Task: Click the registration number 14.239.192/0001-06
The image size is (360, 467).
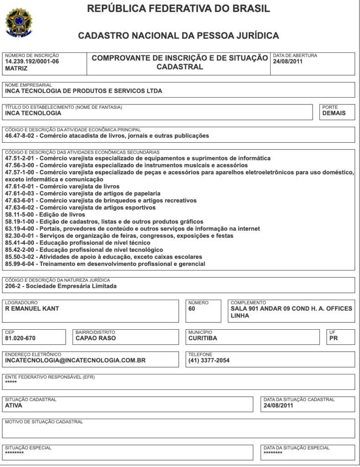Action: [x=32, y=61]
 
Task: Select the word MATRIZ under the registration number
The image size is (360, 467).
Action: [x=16, y=68]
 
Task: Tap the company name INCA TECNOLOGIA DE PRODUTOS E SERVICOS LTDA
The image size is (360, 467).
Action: [x=83, y=90]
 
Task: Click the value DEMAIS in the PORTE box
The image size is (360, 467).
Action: [x=334, y=113]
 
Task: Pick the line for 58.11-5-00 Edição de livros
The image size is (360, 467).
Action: [x=45, y=214]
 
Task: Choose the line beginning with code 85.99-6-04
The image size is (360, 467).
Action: [x=105, y=264]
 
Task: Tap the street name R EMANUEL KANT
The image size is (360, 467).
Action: [x=32, y=308]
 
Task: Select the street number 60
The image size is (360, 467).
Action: [x=192, y=308]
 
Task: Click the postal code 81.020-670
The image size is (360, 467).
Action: [x=20, y=338]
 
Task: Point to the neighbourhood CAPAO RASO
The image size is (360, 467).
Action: [x=95, y=338]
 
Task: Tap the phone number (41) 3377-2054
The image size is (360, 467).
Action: [x=209, y=360]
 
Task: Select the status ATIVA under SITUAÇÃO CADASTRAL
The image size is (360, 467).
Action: [x=14, y=405]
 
